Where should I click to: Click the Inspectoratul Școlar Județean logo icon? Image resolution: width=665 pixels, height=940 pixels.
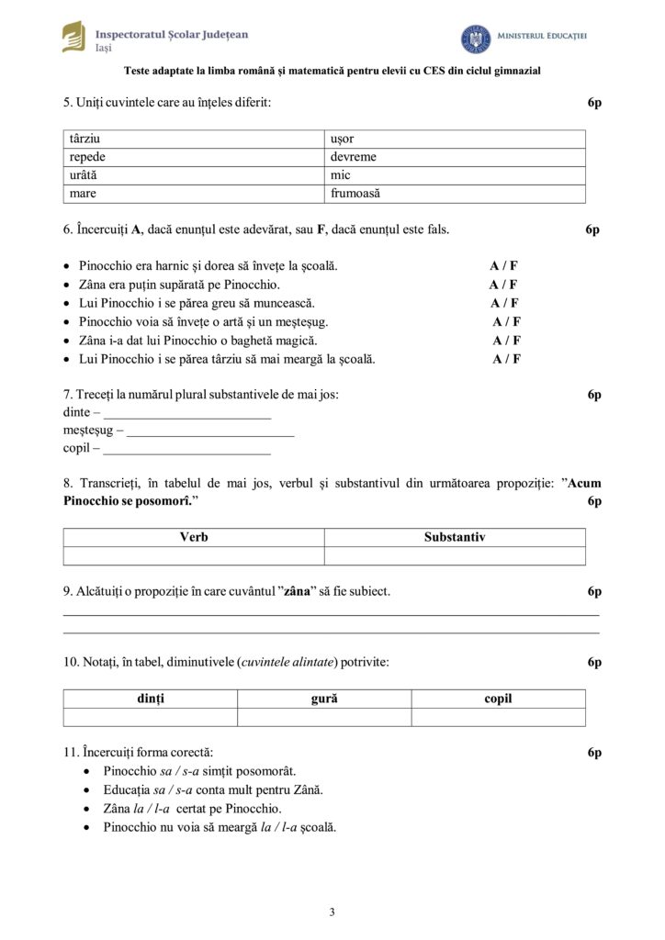click(73, 37)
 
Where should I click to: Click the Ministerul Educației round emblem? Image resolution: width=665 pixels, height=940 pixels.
click(475, 39)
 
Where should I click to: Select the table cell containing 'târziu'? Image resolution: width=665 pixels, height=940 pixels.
click(194, 139)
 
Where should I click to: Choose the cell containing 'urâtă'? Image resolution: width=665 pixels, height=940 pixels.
click(194, 175)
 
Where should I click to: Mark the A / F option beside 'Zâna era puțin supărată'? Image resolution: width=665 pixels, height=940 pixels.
click(502, 285)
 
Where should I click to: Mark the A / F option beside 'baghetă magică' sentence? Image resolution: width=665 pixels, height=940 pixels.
click(506, 341)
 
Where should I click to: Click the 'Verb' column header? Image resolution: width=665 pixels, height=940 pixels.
click(194, 538)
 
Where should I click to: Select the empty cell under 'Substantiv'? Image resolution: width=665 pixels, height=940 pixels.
click(455, 556)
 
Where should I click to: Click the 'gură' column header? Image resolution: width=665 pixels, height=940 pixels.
click(324, 699)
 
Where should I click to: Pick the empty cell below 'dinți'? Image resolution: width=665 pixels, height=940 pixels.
click(150, 717)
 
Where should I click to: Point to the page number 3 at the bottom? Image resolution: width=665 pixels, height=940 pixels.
click(332, 912)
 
